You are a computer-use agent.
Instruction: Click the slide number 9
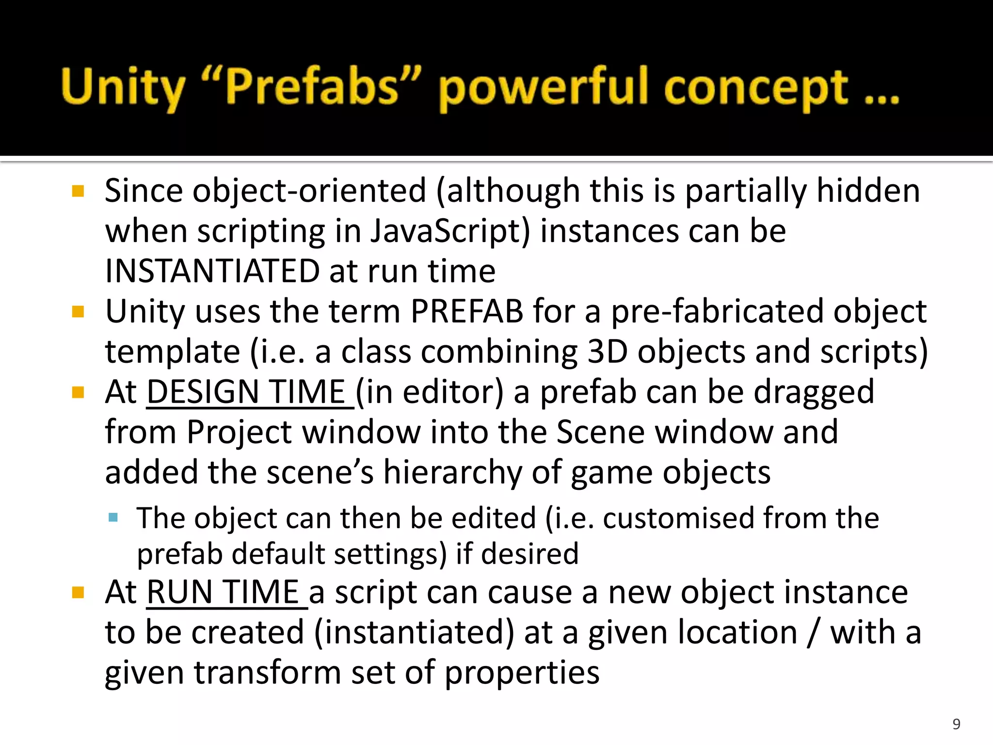(x=956, y=724)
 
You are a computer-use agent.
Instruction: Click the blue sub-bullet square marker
(x=113, y=518)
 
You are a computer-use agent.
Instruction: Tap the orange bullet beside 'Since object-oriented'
(x=78, y=191)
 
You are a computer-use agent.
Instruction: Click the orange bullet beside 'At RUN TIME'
(x=78, y=592)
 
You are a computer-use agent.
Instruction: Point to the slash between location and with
(x=813, y=632)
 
